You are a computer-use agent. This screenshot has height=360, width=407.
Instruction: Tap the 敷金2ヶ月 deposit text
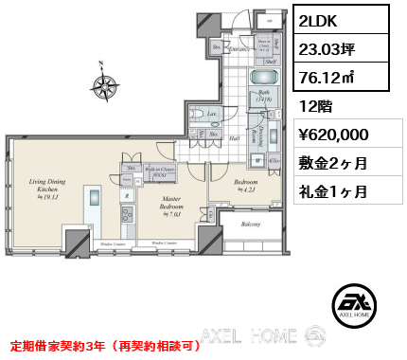(x=336, y=163)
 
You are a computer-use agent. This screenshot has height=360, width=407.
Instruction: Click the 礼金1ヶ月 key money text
(x=336, y=190)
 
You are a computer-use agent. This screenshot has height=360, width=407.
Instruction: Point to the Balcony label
(x=251, y=225)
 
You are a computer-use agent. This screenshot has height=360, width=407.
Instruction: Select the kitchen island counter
(x=96, y=207)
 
